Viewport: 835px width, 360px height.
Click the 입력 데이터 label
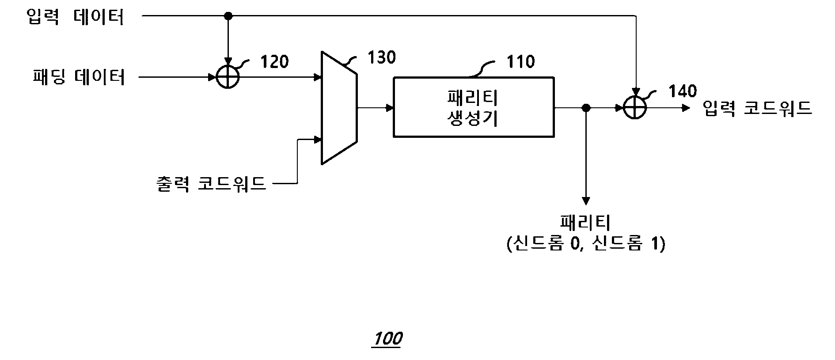tap(76, 17)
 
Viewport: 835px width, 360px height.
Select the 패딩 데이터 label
tap(79, 77)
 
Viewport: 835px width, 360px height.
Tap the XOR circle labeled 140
tap(634, 107)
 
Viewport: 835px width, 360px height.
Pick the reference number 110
tap(521, 61)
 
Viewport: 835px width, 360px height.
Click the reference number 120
tap(274, 61)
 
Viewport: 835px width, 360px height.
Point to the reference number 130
tap(382, 57)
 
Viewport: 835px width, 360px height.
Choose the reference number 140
tap(683, 91)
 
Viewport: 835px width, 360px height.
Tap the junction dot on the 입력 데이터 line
tap(228, 16)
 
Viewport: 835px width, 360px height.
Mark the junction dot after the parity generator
tap(586, 107)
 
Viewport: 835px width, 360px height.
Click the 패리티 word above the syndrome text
tap(585, 223)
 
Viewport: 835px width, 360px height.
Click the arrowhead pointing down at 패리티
tap(586, 201)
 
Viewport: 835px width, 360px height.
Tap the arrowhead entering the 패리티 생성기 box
tap(389, 107)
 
